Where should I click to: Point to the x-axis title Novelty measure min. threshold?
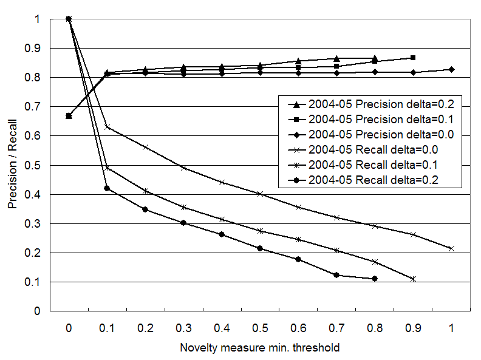(x=259, y=348)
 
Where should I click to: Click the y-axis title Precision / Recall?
(x=12, y=165)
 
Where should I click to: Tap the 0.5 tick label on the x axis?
(x=260, y=328)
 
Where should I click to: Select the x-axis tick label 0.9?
(x=413, y=328)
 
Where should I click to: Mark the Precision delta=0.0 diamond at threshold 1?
(x=451, y=70)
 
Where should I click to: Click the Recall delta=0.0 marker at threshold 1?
(x=451, y=248)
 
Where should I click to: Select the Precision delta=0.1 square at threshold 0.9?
(x=413, y=58)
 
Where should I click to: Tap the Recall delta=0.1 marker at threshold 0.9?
(x=413, y=279)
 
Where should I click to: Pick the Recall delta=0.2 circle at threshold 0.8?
(x=375, y=279)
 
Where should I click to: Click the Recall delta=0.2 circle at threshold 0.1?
(x=107, y=188)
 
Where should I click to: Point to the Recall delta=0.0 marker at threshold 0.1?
(x=107, y=127)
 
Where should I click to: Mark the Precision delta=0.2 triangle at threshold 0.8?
(x=375, y=58)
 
